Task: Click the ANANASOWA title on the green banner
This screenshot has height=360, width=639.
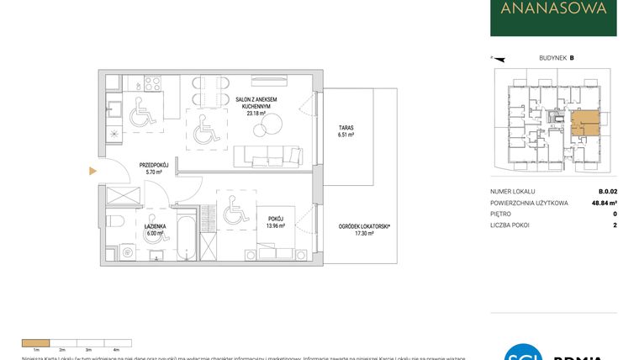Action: tap(553, 10)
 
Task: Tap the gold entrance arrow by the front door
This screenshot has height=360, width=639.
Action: tap(93, 172)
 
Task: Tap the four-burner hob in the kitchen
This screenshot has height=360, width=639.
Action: tap(152, 84)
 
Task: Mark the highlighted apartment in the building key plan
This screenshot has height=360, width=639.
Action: tap(584, 124)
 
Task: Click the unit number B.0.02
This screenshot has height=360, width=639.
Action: tap(606, 192)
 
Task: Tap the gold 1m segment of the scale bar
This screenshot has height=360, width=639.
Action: tap(36, 342)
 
